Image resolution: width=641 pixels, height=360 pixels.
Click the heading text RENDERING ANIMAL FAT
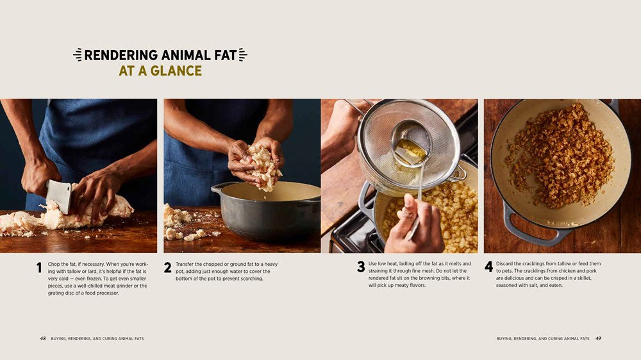(x=160, y=55)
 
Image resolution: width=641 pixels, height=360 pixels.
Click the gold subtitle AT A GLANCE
(x=160, y=70)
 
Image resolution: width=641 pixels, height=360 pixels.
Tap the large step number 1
(x=39, y=268)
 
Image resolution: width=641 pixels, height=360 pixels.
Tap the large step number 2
(x=167, y=268)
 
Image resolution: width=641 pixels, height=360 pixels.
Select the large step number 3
(x=361, y=267)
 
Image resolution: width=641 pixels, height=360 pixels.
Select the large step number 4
(x=488, y=267)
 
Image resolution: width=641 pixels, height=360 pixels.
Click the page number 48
(x=42, y=338)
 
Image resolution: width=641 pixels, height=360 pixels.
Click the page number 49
(x=597, y=338)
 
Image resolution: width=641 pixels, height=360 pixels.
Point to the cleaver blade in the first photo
(x=59, y=196)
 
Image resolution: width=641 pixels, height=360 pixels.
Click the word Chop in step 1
(x=54, y=264)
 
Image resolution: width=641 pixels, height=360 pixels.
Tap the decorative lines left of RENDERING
(x=78, y=55)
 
